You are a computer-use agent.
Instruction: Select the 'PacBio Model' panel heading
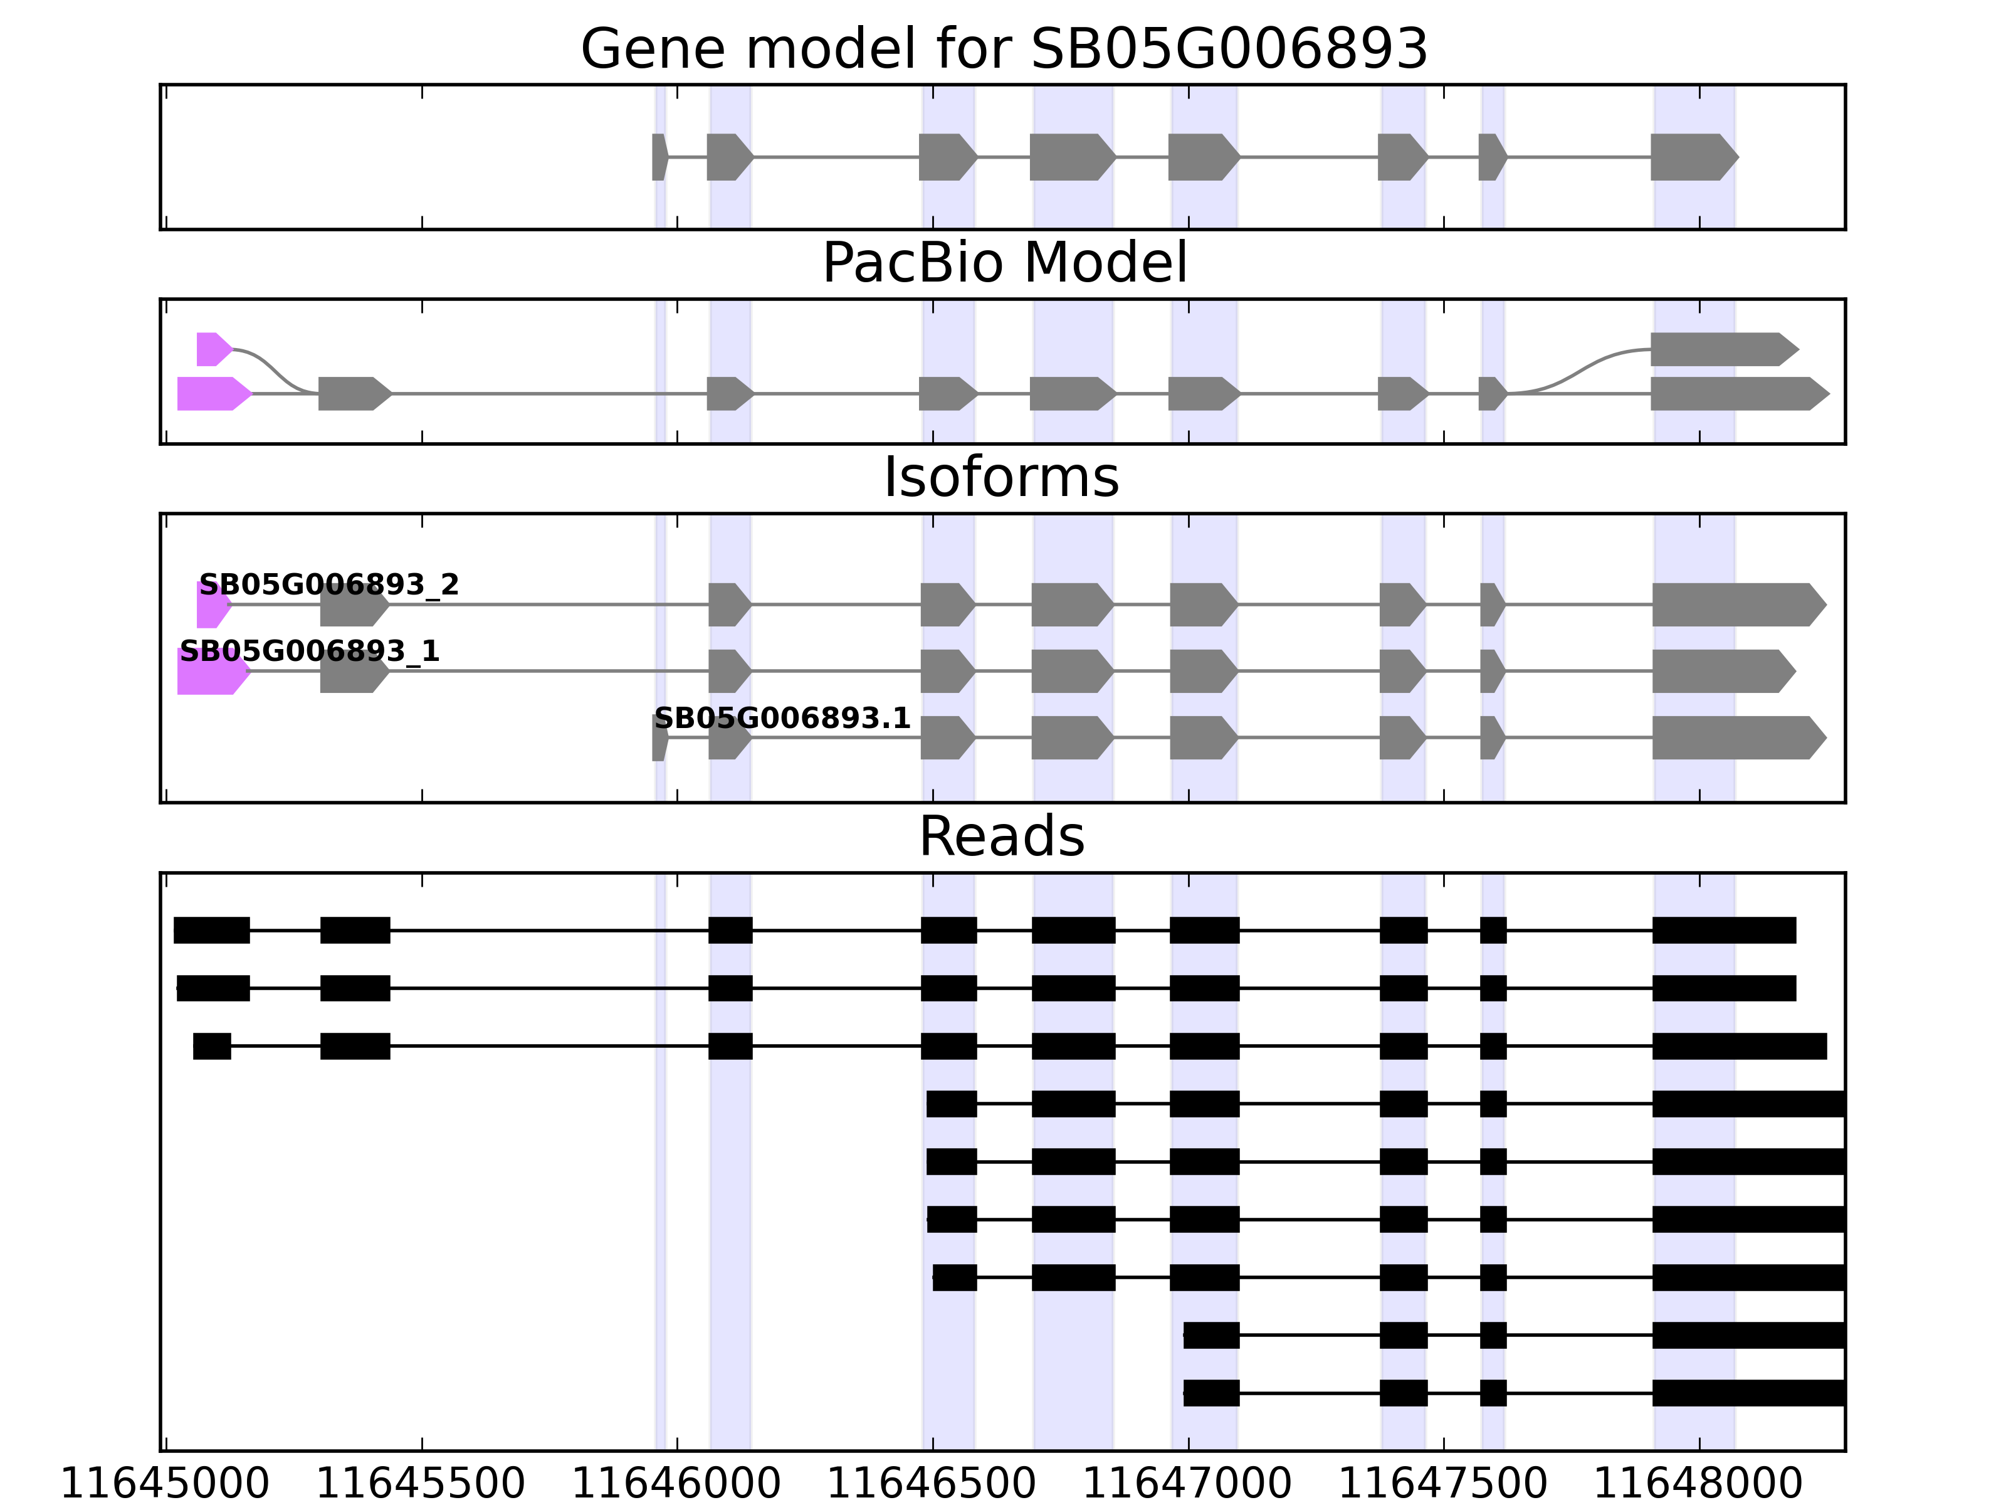(1003, 264)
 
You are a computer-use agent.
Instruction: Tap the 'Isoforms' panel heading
(1001, 478)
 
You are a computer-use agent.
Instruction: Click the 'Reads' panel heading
(1001, 837)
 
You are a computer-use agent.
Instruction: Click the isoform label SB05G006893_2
(328, 585)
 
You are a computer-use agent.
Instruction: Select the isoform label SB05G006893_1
(309, 652)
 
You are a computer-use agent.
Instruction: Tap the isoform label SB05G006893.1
(782, 719)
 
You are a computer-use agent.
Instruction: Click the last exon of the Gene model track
(1692, 157)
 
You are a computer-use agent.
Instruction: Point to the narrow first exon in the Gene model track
(658, 157)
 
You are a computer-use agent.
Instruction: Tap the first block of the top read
(211, 931)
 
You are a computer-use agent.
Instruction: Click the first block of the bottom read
(1210, 1393)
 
